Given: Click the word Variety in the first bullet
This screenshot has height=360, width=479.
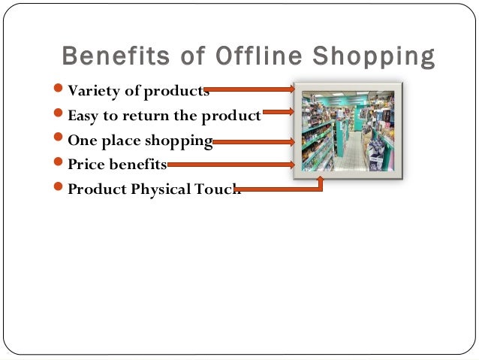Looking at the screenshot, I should [89, 92].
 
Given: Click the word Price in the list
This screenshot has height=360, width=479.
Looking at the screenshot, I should [85, 164].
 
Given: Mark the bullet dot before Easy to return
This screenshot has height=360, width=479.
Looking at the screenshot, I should [60, 116].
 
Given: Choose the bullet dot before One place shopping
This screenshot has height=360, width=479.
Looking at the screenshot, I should [60, 141].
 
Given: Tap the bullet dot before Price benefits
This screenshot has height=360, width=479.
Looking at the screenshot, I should [60, 164].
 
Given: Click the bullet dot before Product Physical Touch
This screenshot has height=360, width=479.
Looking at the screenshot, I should [60, 189].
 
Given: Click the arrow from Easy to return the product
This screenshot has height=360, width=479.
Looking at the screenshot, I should [278, 113].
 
